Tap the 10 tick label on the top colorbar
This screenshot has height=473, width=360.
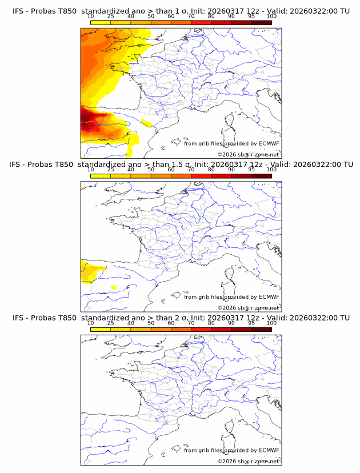point(91,16)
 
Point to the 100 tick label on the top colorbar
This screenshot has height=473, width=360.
point(271,16)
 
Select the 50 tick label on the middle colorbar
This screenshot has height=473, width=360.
point(151,170)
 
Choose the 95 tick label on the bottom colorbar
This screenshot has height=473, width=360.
point(251,323)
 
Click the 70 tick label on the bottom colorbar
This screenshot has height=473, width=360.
point(191,323)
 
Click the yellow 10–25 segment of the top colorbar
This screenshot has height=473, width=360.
point(101,22)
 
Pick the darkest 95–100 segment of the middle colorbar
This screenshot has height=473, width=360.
point(261,176)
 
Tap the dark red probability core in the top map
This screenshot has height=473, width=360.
point(89,123)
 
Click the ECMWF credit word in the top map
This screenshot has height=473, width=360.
point(269,143)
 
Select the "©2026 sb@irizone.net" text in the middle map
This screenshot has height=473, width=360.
point(248,308)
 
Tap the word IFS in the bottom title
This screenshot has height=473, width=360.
point(18,318)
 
